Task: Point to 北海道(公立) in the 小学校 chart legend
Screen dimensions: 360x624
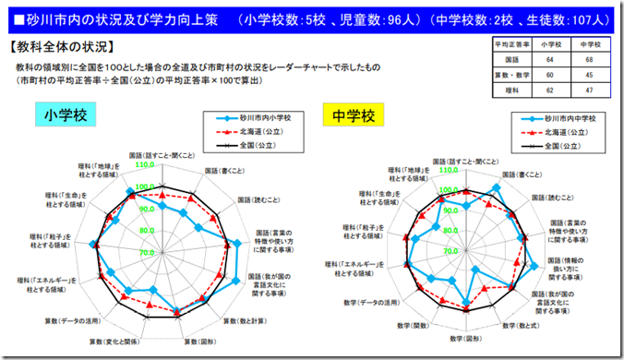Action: [255, 132]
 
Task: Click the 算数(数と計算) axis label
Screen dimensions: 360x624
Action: [244, 320]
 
